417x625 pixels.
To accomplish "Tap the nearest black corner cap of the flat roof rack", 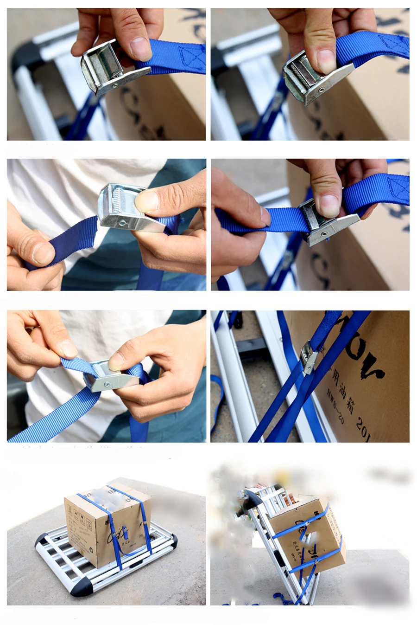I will (x=81, y=588).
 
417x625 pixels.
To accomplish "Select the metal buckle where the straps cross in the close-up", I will (x=308, y=356).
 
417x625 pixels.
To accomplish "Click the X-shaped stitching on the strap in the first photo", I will (x=192, y=58).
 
